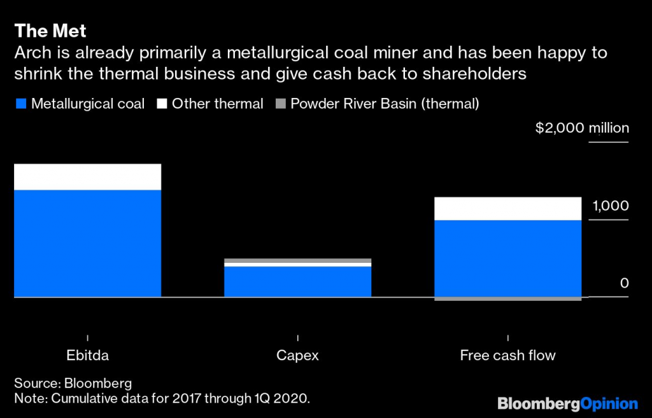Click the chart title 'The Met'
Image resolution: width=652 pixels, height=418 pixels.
50,31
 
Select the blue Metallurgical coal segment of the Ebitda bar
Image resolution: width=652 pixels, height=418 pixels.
87,243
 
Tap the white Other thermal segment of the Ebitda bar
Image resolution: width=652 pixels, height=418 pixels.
87,177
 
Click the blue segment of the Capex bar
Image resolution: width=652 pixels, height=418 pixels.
297,281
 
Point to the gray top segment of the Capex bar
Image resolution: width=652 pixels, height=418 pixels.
297,260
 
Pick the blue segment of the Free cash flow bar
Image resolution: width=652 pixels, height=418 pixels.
507,258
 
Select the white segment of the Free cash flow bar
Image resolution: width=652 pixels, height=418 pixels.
507,209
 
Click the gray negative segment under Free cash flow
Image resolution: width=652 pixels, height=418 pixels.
507,298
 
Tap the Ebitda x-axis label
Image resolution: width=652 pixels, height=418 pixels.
87,356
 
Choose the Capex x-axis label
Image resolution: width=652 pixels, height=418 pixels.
297,356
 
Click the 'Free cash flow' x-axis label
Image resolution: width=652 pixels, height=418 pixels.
507,356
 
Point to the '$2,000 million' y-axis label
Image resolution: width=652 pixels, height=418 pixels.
582,128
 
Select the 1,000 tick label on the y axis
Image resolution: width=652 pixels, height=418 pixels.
610,206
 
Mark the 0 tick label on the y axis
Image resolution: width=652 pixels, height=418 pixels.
624,283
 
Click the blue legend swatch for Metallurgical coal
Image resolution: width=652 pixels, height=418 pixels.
20,104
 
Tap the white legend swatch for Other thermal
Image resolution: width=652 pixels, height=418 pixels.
161,104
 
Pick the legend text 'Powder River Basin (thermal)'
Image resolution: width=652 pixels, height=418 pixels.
384,104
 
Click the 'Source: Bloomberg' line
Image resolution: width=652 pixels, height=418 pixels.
73,383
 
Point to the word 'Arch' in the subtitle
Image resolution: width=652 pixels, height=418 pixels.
31,53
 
